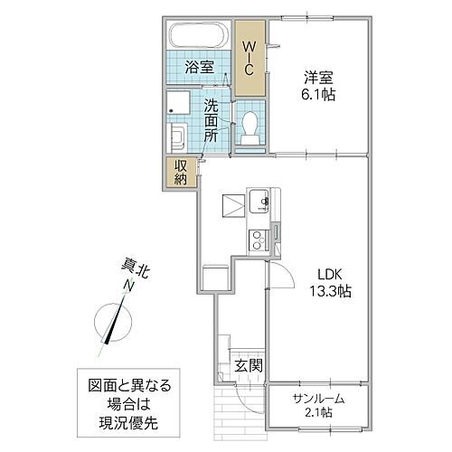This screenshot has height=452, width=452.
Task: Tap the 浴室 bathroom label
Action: [x=199, y=67]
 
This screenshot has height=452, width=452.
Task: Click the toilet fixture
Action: [x=250, y=127]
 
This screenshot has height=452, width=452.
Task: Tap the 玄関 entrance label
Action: [x=249, y=365]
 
